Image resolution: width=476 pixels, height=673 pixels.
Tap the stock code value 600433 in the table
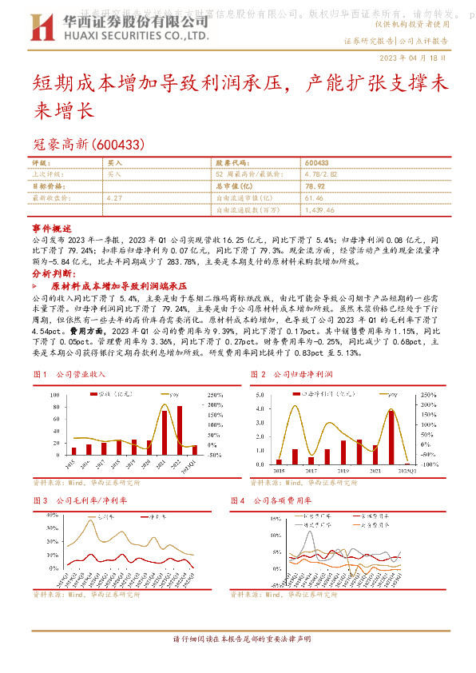pyautogui.click(x=318, y=162)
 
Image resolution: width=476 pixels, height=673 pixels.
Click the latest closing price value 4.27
pyautogui.click(x=114, y=197)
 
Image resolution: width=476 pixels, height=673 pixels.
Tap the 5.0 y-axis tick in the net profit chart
pyautogui.click(x=260, y=395)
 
